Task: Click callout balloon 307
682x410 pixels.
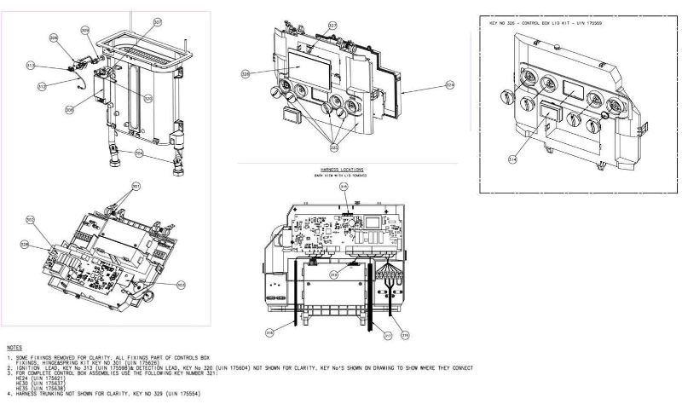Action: click(x=157, y=21)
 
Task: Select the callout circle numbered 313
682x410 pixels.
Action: click(x=31, y=65)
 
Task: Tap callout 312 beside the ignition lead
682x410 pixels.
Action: click(x=42, y=86)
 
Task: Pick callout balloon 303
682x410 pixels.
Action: click(x=181, y=284)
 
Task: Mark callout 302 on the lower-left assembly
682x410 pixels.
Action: click(x=30, y=220)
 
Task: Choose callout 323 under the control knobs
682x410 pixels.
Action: click(x=334, y=148)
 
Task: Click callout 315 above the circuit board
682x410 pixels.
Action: click(x=344, y=185)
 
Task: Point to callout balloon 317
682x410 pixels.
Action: click(x=386, y=336)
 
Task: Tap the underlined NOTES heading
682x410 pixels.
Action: click(x=14, y=348)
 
